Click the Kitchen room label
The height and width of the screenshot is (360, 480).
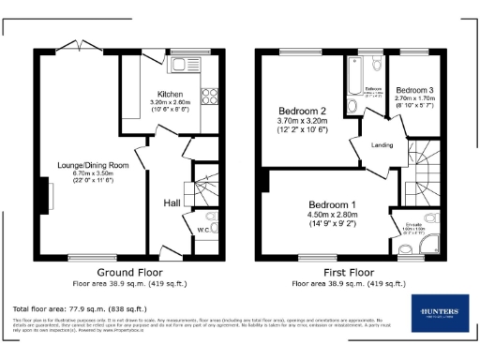click(x=170, y=94)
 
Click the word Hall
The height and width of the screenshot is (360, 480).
click(x=172, y=202)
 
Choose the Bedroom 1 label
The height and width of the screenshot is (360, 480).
click(x=334, y=204)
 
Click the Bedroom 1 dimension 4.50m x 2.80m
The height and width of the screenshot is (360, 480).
click(x=334, y=214)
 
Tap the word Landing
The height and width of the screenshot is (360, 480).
click(x=382, y=143)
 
